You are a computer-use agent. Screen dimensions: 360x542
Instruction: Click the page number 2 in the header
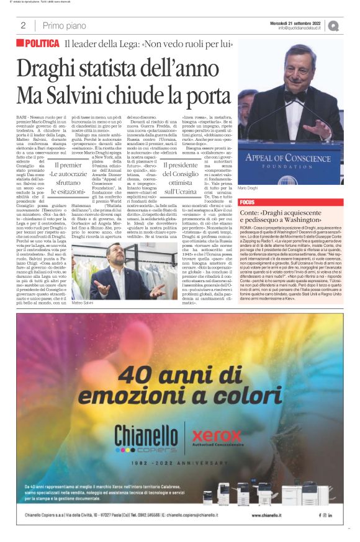pos(23,25)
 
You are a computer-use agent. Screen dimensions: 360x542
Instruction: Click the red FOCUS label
pos(247,202)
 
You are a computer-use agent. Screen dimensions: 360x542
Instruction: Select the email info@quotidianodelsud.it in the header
pos(300,29)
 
